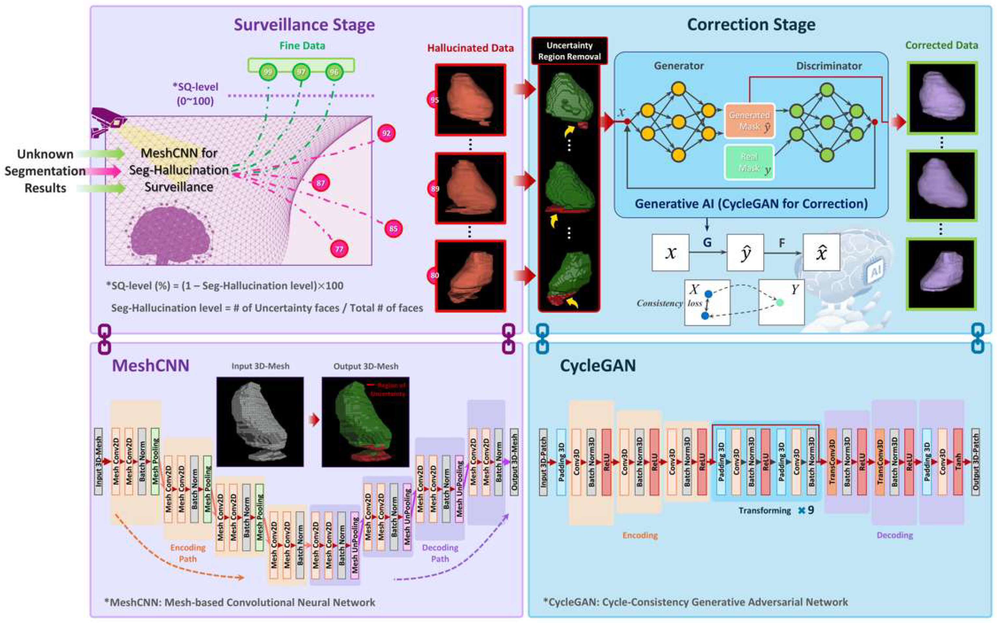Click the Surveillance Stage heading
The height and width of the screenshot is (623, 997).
click(x=304, y=25)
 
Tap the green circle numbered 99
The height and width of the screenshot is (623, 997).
click(x=268, y=72)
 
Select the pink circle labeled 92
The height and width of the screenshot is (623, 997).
click(x=386, y=133)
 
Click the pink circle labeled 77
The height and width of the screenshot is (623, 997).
click(x=339, y=249)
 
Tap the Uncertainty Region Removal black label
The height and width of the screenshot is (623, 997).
click(x=569, y=51)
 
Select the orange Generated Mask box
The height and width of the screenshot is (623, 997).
click(x=749, y=121)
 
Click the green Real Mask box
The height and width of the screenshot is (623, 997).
click(x=749, y=162)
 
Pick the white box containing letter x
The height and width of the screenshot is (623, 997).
click(x=670, y=253)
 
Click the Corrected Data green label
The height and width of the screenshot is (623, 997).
click(x=941, y=45)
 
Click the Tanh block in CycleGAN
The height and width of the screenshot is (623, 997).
click(x=958, y=461)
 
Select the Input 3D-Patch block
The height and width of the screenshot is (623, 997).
click(x=543, y=461)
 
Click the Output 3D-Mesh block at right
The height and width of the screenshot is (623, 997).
click(x=514, y=461)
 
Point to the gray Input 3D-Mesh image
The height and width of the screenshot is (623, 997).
click(x=260, y=422)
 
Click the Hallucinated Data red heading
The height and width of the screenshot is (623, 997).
click(x=470, y=48)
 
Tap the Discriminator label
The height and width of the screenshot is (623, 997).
click(x=829, y=66)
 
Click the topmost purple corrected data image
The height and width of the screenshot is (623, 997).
click(x=942, y=98)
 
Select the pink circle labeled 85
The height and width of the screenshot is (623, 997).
click(x=393, y=229)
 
